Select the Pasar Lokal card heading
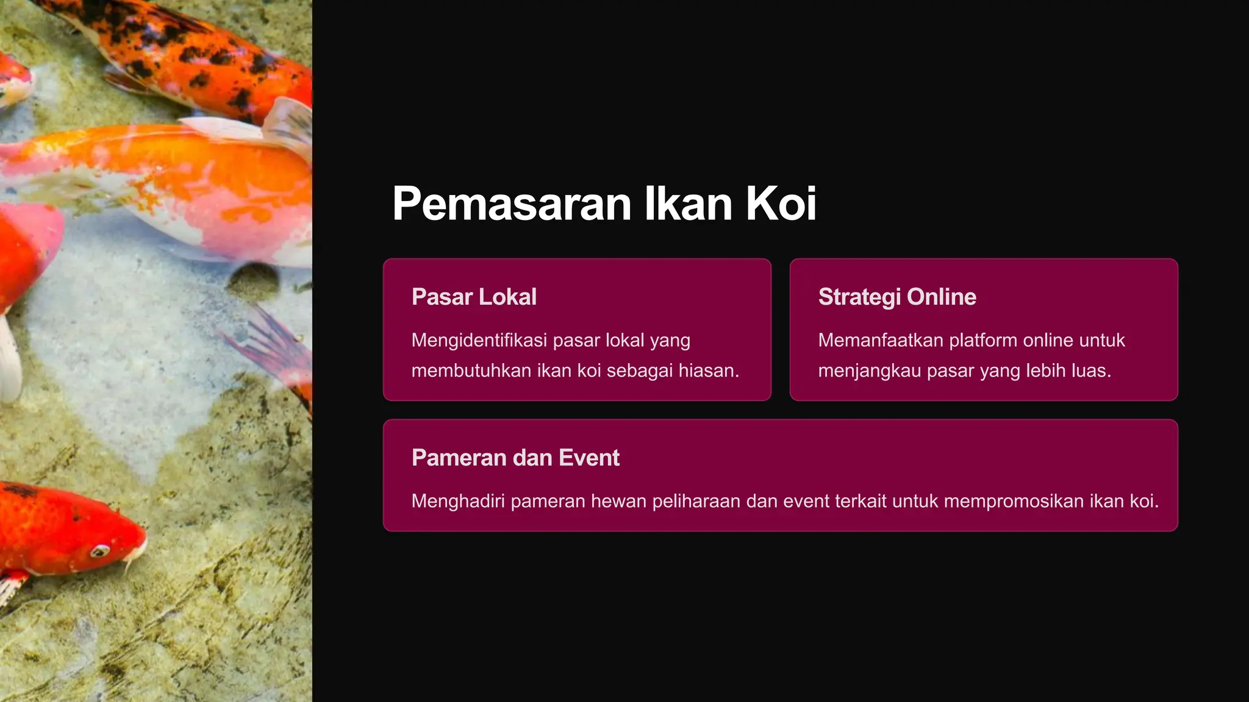point(474,297)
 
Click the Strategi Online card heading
point(897,297)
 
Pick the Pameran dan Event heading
point(515,458)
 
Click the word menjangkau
point(870,370)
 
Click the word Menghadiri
point(458,501)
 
